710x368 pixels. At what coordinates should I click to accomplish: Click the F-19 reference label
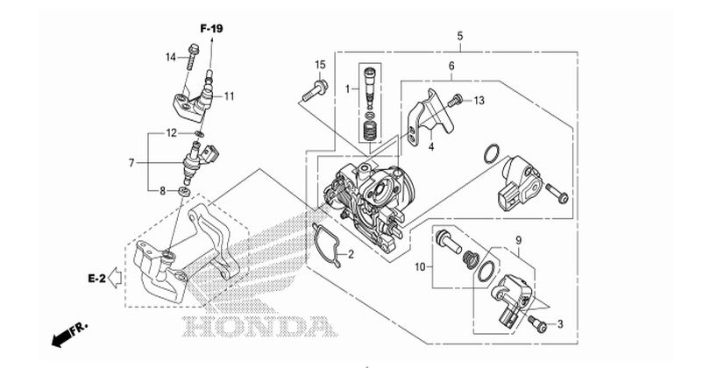click(211, 30)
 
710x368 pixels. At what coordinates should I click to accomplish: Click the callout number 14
click(172, 58)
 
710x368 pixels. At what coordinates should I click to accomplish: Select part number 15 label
click(320, 65)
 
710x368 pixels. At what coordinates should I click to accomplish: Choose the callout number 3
click(560, 324)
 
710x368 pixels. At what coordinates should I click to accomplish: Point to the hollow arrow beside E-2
click(115, 280)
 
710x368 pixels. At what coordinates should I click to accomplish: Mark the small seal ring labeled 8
click(184, 189)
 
